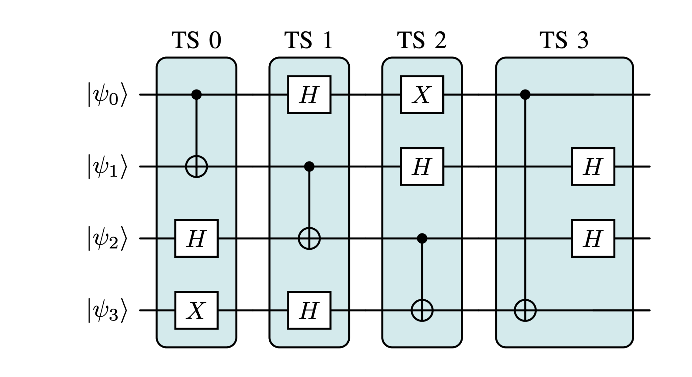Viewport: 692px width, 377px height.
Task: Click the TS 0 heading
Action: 196,41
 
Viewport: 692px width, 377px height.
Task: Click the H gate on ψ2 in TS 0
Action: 196,238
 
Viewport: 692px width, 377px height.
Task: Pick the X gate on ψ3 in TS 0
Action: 196,310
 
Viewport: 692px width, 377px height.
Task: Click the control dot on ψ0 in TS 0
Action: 196,95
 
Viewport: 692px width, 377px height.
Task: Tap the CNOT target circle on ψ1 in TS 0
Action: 196,167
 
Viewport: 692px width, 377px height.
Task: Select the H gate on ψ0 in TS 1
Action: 309,95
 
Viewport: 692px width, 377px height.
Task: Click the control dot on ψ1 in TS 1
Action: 309,167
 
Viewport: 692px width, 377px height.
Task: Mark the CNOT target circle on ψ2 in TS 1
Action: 309,238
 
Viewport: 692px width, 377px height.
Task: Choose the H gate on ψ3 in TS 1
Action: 309,310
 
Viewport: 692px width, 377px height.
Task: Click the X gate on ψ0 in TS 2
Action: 422,95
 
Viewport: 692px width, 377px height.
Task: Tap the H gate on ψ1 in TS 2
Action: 422,167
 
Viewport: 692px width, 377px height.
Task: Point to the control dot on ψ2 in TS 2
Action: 422,238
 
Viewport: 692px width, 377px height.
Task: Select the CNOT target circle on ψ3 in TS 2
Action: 422,310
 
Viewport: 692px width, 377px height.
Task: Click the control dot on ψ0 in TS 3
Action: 525,95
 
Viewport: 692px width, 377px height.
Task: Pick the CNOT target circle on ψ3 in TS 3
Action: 525,310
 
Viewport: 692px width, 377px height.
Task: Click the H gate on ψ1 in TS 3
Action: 593,167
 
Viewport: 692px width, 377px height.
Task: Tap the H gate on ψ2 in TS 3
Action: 593,238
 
